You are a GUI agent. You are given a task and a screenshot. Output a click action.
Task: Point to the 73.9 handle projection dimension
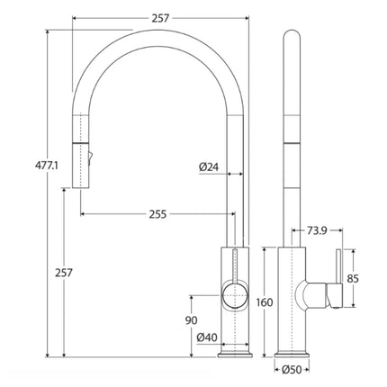tap(314, 231)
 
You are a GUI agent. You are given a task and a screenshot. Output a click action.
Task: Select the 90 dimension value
tap(191, 320)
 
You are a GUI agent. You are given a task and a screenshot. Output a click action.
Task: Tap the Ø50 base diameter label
tap(290, 369)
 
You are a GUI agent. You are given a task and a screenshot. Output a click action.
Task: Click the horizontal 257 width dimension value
tap(160, 18)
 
